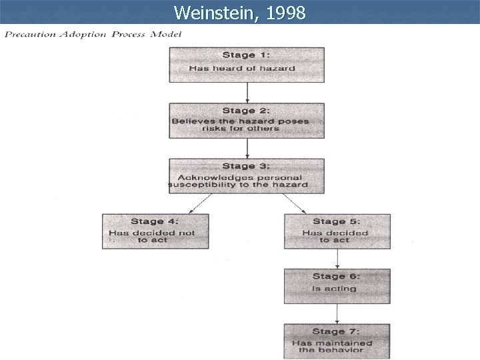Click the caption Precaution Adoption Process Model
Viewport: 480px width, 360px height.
pyautogui.click(x=93, y=34)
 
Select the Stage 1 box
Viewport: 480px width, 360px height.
pyautogui.click(x=247, y=65)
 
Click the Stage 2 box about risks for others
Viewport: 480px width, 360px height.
pyautogui.click(x=247, y=121)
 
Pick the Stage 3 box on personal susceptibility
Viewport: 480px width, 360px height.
pyautogui.click(x=247, y=176)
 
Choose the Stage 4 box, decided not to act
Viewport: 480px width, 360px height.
pyautogui.click(x=155, y=231)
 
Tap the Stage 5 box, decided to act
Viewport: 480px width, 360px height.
pyautogui.click(x=337, y=231)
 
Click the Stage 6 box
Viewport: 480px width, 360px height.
pyautogui.click(x=337, y=286)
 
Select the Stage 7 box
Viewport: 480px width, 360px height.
pyautogui.click(x=337, y=341)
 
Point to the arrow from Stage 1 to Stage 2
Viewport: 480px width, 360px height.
pyautogui.click(x=247, y=93)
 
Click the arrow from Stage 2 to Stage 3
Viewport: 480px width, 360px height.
pyautogui.click(x=247, y=149)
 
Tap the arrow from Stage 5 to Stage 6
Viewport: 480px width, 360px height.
pyautogui.click(x=337, y=259)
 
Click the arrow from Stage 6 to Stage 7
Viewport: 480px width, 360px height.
pyautogui.click(x=337, y=313)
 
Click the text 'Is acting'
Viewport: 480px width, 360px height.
pyautogui.click(x=334, y=289)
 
